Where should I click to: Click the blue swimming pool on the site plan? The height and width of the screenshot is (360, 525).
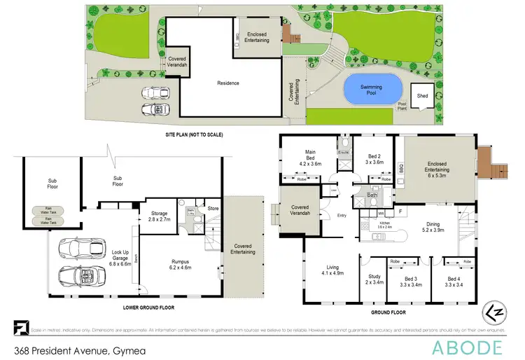click(372, 90)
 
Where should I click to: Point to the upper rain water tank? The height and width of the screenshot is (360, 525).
click(46, 210)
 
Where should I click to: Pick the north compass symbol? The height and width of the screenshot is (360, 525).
click(495, 310)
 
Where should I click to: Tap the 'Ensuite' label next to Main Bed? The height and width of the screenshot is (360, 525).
click(344, 151)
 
